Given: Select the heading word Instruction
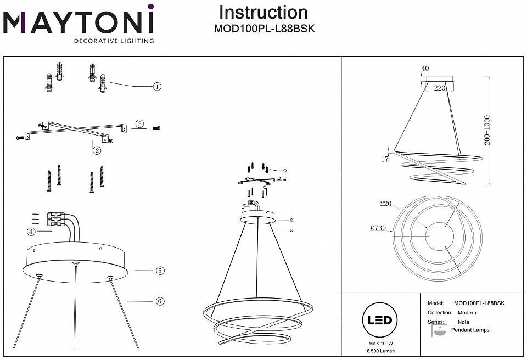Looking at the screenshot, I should point(263,12).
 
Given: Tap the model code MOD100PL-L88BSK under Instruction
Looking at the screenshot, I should point(263,29).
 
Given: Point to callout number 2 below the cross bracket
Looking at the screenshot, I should point(97,150).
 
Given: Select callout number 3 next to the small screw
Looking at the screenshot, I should point(140,125).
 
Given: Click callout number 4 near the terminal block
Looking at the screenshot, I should point(31,232).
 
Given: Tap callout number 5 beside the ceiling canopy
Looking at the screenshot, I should point(160,271).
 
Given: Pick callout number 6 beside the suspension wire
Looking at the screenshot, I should point(160,301).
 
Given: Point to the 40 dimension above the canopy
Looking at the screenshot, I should point(424,69).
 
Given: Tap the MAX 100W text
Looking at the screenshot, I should point(379,343).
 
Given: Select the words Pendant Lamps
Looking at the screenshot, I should point(470,330).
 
